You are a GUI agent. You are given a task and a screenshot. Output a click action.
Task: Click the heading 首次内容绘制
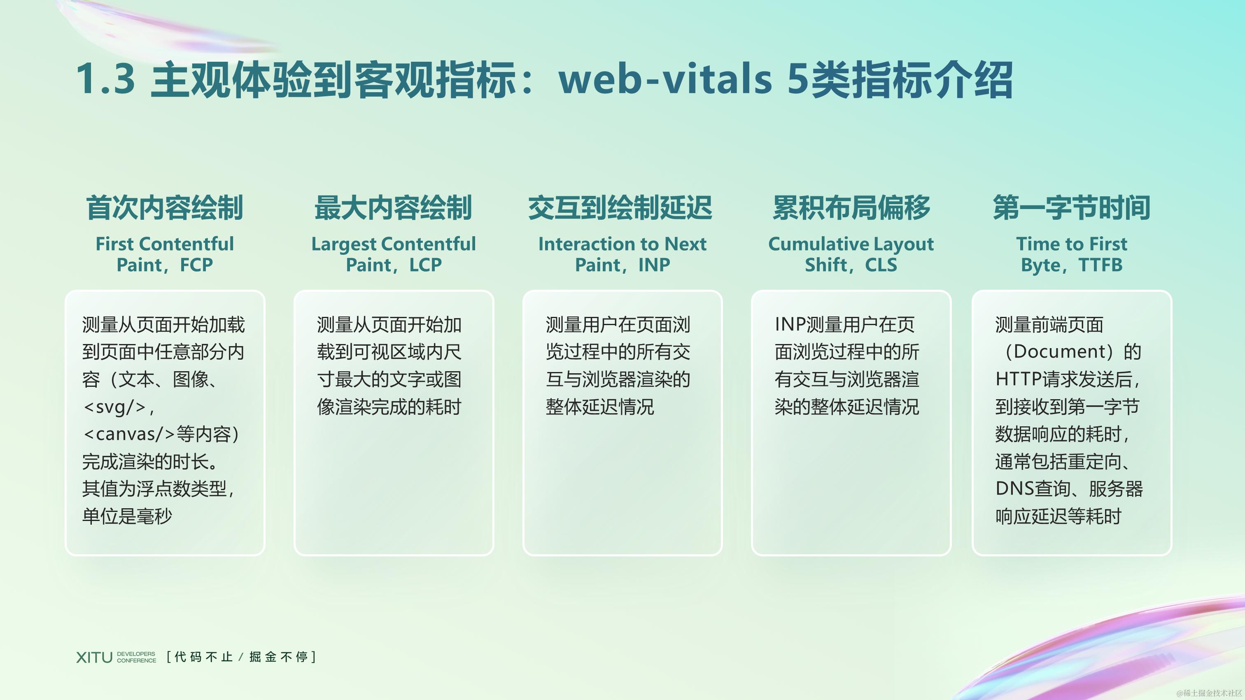pos(164,208)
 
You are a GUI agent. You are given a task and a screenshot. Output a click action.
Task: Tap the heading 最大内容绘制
pos(393,208)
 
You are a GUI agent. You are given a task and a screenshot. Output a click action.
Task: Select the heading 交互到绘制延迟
pos(620,208)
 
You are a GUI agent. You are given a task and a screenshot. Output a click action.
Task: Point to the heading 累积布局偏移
pos(851,208)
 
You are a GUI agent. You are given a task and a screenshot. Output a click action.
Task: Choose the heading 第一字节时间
pos(1072,208)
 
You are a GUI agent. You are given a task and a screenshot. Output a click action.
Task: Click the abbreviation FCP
pos(196,265)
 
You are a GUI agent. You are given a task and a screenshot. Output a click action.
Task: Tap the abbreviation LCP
pos(425,265)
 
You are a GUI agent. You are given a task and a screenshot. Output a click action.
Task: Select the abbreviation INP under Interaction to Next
pos(654,265)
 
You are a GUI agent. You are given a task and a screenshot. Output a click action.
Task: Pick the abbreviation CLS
pos(881,265)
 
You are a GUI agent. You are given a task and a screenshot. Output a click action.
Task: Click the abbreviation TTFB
pos(1100,265)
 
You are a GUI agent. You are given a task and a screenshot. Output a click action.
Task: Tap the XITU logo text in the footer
pos(94,657)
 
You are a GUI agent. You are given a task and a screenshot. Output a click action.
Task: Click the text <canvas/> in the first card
pos(128,434)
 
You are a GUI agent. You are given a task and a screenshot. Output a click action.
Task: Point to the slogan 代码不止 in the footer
pos(203,657)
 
